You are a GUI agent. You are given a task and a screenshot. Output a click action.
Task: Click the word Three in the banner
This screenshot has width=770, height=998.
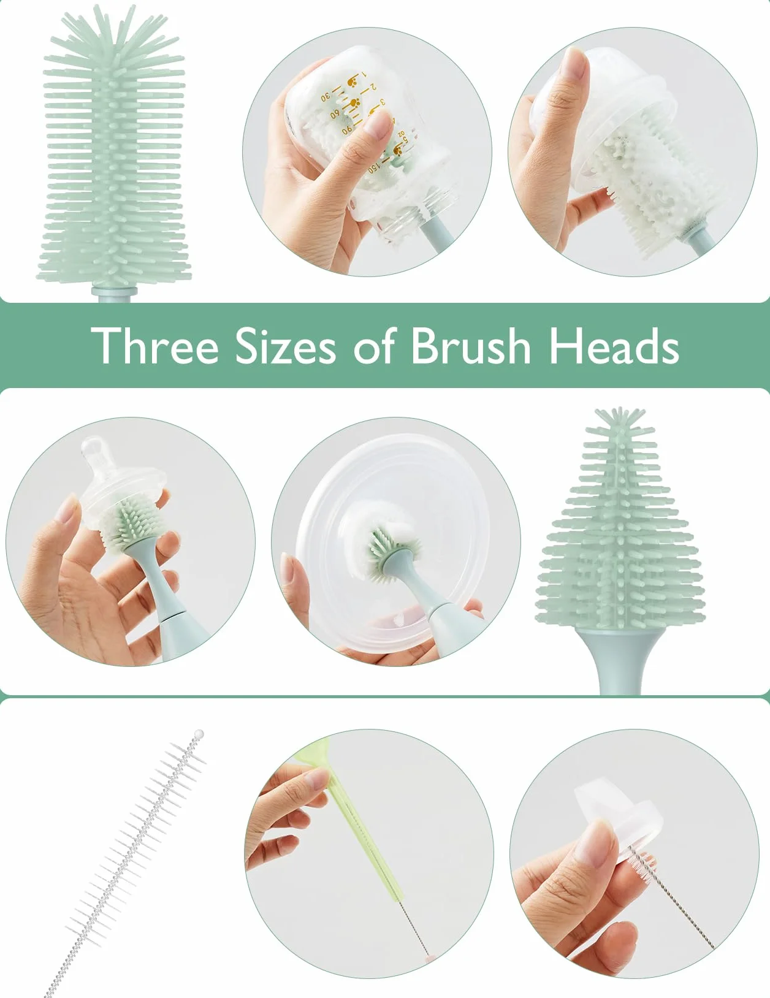154,346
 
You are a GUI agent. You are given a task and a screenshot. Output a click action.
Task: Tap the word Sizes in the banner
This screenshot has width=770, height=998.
285,346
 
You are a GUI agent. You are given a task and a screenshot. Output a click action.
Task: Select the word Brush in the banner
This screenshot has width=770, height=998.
471,346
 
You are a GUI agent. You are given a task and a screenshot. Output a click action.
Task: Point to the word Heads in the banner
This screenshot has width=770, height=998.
614,346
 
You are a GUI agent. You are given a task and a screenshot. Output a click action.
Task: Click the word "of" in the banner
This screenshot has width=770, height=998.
373,346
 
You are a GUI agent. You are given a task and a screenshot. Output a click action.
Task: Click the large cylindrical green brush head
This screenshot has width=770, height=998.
113,147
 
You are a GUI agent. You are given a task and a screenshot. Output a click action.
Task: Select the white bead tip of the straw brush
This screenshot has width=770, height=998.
199,733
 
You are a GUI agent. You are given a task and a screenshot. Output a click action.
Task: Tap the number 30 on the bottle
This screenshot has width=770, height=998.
326,96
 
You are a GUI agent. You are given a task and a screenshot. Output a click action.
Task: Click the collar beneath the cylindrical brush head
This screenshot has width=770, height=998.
113,294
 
